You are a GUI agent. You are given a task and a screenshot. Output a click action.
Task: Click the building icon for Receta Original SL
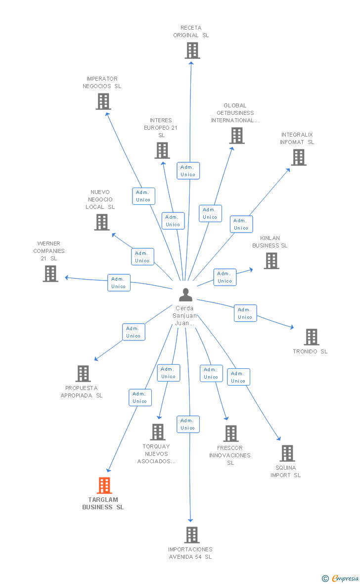(x=192, y=50)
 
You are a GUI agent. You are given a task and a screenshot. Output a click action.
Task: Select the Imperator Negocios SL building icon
(x=103, y=101)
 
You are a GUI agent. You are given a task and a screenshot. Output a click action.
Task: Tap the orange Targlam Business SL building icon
(x=104, y=486)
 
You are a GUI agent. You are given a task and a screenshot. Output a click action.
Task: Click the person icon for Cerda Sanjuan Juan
(x=185, y=295)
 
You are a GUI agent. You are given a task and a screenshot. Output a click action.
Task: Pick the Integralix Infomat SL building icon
(x=299, y=157)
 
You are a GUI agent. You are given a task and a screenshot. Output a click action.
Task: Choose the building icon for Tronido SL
(x=311, y=337)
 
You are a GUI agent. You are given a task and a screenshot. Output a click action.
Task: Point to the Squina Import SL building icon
(x=287, y=453)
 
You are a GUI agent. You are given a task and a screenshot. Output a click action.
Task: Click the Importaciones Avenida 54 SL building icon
(x=192, y=535)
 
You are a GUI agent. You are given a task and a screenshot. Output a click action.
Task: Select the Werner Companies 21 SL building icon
(x=50, y=274)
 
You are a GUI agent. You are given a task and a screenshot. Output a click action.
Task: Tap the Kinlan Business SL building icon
(x=271, y=261)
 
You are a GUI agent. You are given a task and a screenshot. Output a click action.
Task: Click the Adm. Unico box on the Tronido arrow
(x=245, y=313)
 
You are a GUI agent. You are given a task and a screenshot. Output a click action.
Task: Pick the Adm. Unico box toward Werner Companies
(x=119, y=283)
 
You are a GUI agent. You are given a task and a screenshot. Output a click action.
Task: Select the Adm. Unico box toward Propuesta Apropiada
(x=134, y=332)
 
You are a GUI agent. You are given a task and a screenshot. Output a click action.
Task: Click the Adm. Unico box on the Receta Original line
(x=188, y=171)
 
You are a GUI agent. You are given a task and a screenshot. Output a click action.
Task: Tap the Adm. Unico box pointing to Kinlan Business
(x=225, y=277)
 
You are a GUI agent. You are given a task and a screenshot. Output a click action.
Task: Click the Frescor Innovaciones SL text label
(x=230, y=455)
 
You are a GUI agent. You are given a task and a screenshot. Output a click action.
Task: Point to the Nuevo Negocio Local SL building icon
(x=102, y=222)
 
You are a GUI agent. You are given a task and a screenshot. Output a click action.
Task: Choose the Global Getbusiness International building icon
(x=237, y=136)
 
